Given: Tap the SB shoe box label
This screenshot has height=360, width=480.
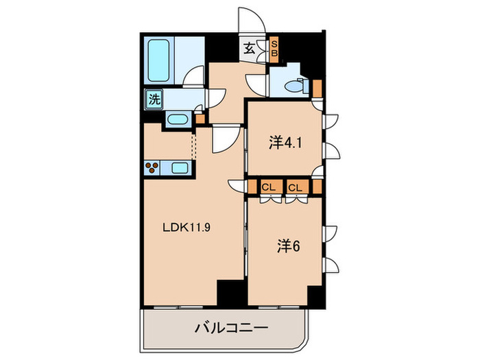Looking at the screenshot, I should tap(273, 47).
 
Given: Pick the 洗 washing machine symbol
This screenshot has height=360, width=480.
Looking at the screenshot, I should tap(155, 99).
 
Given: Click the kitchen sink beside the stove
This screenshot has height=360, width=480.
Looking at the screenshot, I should tap(180, 168).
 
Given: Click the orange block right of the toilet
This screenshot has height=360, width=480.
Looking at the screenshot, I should tap(317, 88).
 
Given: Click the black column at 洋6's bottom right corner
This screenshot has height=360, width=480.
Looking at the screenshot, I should tap(316, 295).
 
